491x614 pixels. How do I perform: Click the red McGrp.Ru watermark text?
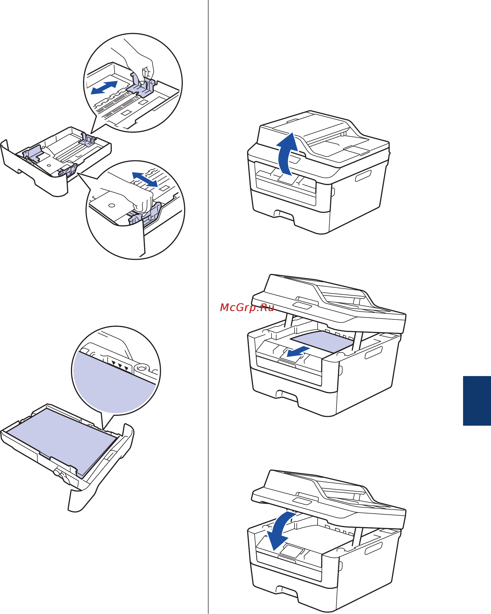247,308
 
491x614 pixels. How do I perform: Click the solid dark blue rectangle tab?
477,401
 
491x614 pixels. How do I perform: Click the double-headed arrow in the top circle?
104,87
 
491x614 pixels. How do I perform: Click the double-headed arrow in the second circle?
145,180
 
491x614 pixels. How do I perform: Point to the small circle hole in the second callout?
112,205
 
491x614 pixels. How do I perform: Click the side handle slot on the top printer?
363,175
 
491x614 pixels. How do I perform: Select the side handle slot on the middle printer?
374,353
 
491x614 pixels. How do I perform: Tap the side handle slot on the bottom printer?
374,548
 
